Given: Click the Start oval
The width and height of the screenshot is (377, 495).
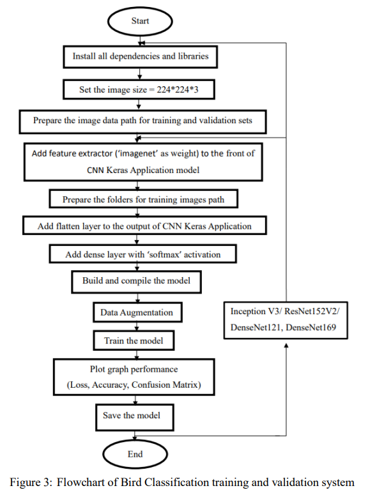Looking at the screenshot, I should [140, 21].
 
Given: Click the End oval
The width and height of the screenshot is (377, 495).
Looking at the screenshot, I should [135, 454].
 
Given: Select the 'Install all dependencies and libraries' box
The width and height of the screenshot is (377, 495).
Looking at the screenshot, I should [140, 56].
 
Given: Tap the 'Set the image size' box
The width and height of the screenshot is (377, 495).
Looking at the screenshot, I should [139, 89].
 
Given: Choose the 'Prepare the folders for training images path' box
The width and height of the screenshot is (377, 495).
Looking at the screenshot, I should [144, 200].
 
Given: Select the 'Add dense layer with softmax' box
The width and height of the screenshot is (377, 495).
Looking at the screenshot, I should [142, 254].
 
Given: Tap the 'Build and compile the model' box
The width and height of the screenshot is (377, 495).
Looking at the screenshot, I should [136, 281].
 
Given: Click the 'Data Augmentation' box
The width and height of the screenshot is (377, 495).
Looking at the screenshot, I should [136, 313].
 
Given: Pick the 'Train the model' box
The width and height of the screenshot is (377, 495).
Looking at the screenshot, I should [134, 341].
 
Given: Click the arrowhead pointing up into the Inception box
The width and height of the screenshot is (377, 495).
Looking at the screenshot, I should [285, 345].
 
